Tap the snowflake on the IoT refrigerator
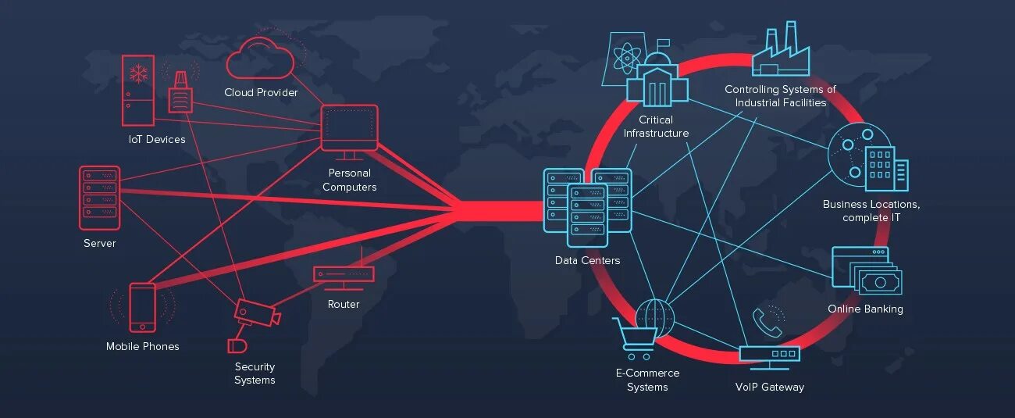click(139, 74)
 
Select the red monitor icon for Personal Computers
click(350, 128)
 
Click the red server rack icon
click(99, 197)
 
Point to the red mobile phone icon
click(142, 307)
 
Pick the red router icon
click(344, 274)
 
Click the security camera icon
click(256, 313)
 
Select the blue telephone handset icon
click(766, 322)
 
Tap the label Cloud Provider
click(261, 92)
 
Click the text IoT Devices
click(157, 139)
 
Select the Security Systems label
click(255, 373)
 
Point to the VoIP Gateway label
click(769, 387)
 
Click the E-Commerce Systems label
click(647, 380)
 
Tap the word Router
click(344, 304)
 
